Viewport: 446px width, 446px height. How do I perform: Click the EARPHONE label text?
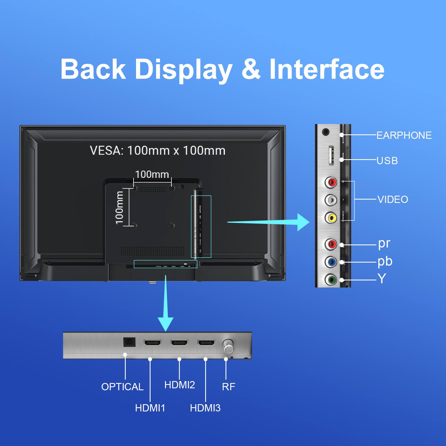[404, 135]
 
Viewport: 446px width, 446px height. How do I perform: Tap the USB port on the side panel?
[331, 156]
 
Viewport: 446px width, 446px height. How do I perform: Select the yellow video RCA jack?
[331, 218]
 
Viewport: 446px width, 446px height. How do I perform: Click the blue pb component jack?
[331, 262]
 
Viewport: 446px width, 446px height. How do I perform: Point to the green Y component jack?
[331, 279]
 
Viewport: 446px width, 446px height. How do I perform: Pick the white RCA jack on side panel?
[331, 200]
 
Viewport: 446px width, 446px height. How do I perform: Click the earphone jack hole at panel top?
[325, 132]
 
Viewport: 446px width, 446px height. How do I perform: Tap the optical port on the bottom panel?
[129, 342]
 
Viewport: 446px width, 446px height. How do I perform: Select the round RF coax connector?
[228, 346]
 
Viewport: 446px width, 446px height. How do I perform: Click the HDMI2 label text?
[180, 385]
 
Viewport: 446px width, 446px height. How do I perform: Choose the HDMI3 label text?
[205, 408]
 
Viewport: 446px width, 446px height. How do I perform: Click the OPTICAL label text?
[122, 387]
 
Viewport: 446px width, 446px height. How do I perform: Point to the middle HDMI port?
[180, 343]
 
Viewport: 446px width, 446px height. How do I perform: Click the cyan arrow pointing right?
[301, 222]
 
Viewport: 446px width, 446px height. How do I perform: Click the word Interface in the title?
[327, 69]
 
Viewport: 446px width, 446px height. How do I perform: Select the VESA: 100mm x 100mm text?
[157, 151]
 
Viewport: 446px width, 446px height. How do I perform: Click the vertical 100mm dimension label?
[120, 207]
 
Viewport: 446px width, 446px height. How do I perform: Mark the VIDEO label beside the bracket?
[392, 200]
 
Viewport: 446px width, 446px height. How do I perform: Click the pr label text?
[384, 243]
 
